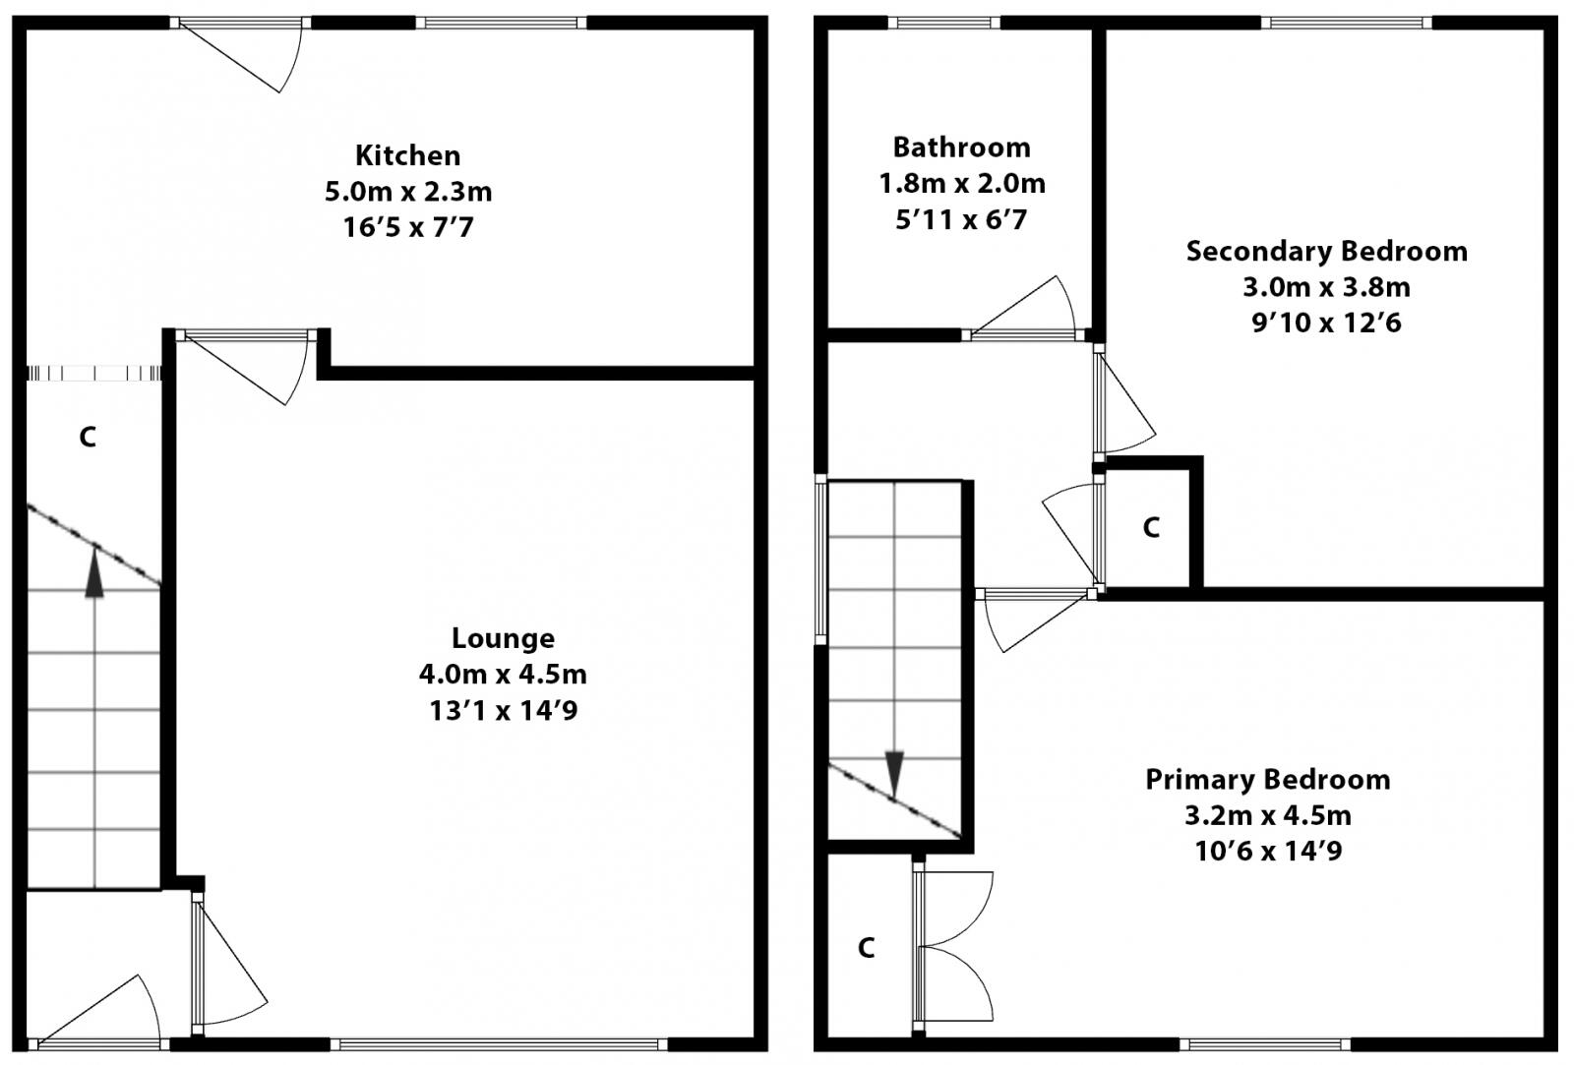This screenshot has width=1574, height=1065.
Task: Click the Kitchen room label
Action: click(x=407, y=155)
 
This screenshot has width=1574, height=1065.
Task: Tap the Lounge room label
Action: click(x=503, y=638)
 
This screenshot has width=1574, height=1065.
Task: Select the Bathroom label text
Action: click(x=961, y=148)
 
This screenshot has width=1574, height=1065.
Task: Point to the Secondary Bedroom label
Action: click(x=1326, y=252)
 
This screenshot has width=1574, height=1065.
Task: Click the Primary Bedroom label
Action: click(x=1267, y=780)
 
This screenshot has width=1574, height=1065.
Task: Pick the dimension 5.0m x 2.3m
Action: click(x=407, y=192)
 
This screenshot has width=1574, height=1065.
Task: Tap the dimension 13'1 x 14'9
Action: click(x=503, y=710)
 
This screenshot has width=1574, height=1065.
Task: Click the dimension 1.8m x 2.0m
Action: click(x=961, y=184)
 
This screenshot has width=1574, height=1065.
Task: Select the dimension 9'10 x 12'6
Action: click(x=1326, y=323)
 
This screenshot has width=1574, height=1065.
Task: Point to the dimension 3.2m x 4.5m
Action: click(x=1267, y=815)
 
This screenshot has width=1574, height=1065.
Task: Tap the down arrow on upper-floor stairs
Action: click(x=894, y=773)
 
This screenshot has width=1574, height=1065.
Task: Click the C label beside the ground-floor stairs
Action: click(x=88, y=437)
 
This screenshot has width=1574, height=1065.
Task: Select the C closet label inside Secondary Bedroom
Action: click(x=1151, y=528)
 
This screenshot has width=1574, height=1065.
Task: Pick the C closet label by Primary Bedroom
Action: click(x=866, y=948)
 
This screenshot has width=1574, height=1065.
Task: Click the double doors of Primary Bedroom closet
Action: click(x=954, y=947)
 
